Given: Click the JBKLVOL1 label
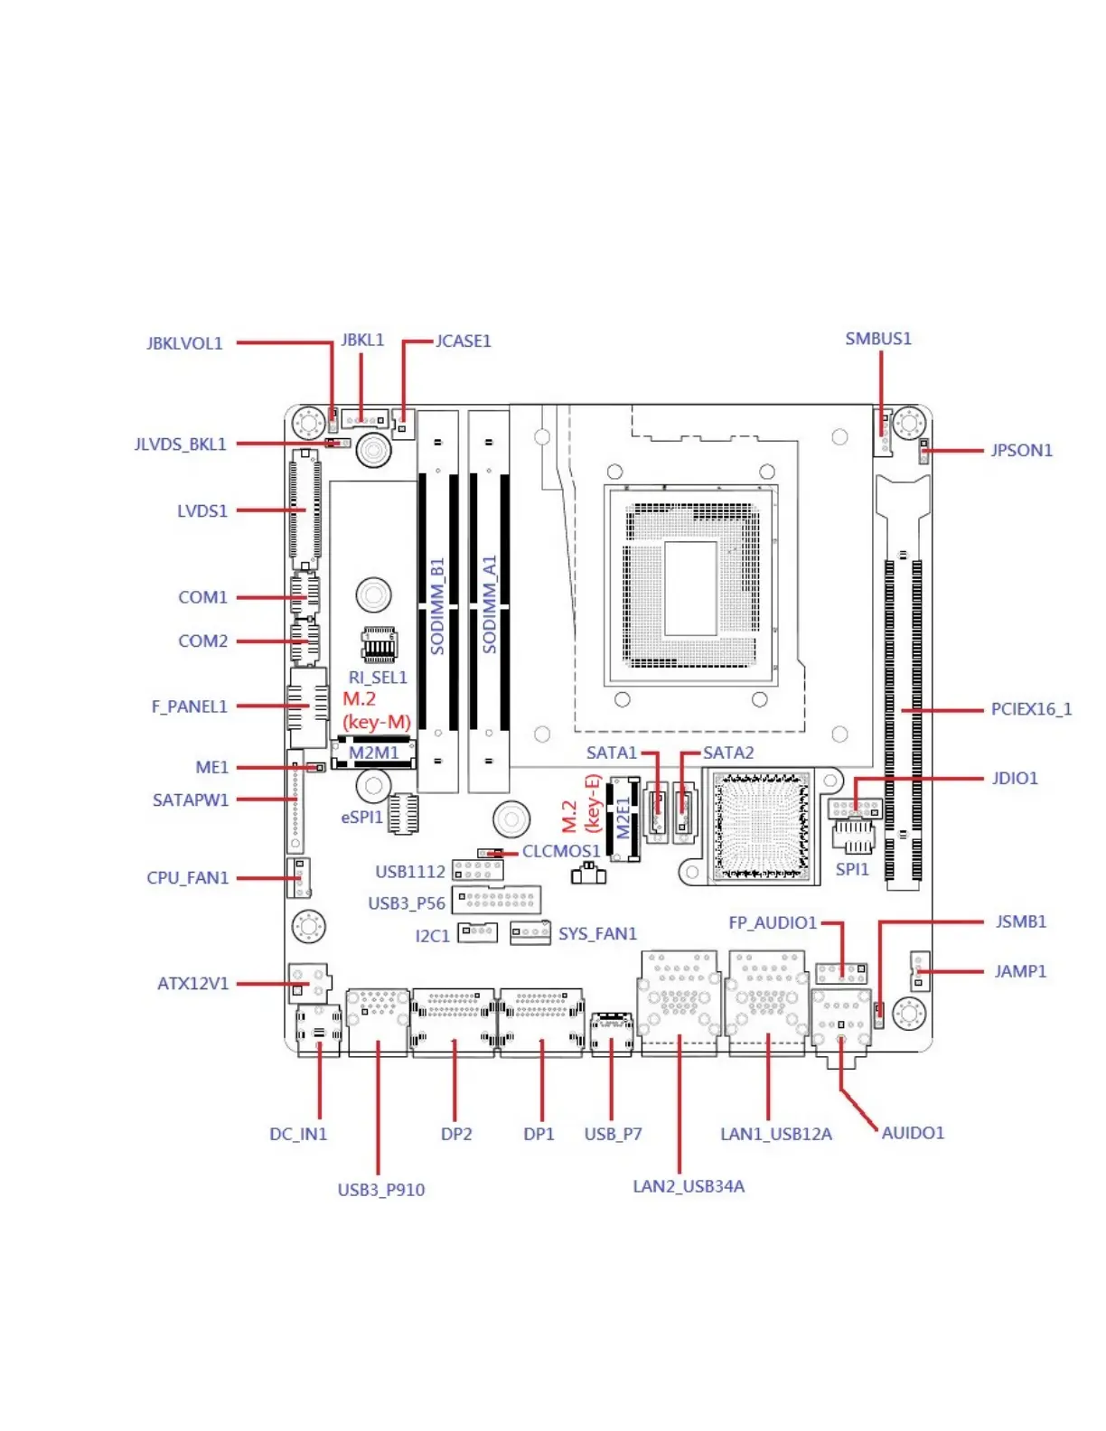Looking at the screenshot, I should (x=184, y=343).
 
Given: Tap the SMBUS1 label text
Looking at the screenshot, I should (x=878, y=339).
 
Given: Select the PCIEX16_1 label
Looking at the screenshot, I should (x=1031, y=709).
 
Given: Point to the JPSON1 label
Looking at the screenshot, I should (x=1021, y=450).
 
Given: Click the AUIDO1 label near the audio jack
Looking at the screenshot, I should (x=913, y=1133).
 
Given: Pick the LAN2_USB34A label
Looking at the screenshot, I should (x=689, y=1186).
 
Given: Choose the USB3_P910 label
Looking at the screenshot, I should (x=380, y=1190).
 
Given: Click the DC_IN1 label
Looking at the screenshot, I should (x=298, y=1134).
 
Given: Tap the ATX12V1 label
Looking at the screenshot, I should (x=193, y=983).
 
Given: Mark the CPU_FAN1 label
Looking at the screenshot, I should (x=188, y=877).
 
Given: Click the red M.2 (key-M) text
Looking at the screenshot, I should (x=376, y=710).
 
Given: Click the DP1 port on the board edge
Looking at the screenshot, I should (x=541, y=1022).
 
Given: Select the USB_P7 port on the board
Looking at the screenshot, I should (x=611, y=1033).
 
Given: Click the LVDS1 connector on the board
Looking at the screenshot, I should (x=305, y=510).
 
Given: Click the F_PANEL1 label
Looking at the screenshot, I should (x=189, y=706).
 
